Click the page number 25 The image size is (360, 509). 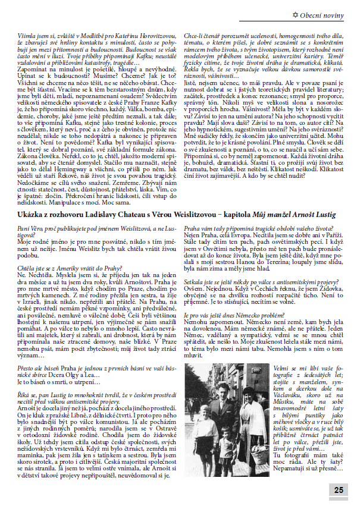(339, 490)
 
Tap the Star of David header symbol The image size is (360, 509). (304, 12)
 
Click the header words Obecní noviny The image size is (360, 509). (330, 12)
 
